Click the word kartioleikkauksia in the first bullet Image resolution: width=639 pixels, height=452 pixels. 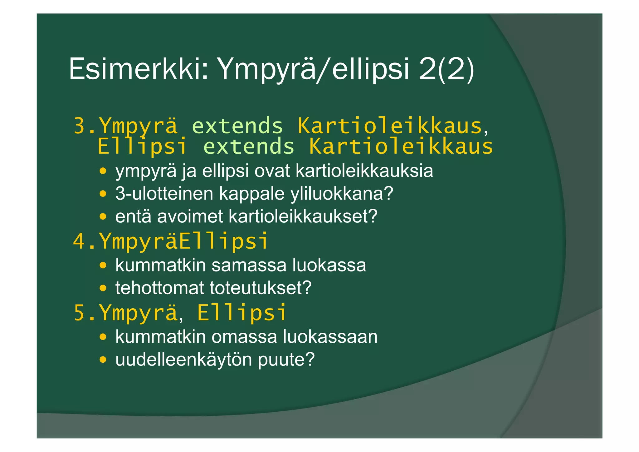coord(364,171)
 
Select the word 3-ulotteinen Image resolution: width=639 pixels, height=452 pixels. coord(164,194)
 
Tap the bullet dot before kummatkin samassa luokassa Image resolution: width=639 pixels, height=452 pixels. coord(103,266)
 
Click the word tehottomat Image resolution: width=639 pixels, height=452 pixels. coord(159,288)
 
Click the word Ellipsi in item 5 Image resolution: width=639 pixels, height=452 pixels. coord(242,313)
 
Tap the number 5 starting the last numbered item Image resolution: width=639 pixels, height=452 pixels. coord(80,313)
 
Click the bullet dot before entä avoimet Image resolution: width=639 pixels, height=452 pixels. coord(103,216)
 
